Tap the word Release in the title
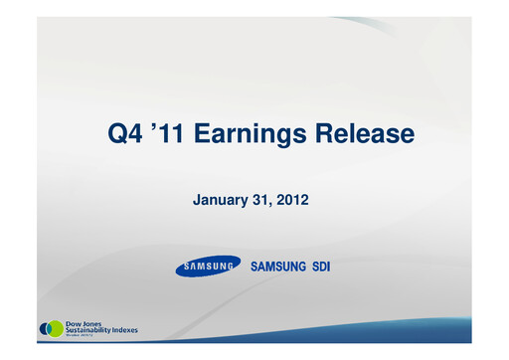357,132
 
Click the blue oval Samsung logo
208,267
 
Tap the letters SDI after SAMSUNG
317,267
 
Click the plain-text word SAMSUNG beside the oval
276,267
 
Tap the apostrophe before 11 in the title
158,126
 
